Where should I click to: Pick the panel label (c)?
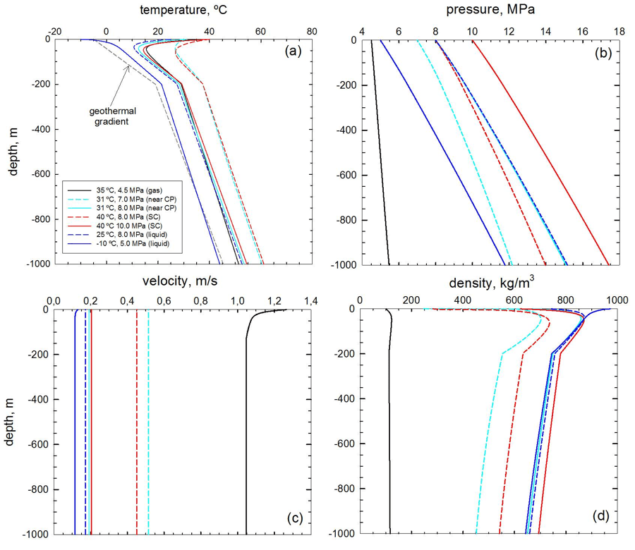tap(292, 518)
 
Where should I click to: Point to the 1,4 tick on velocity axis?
tap(311, 302)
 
